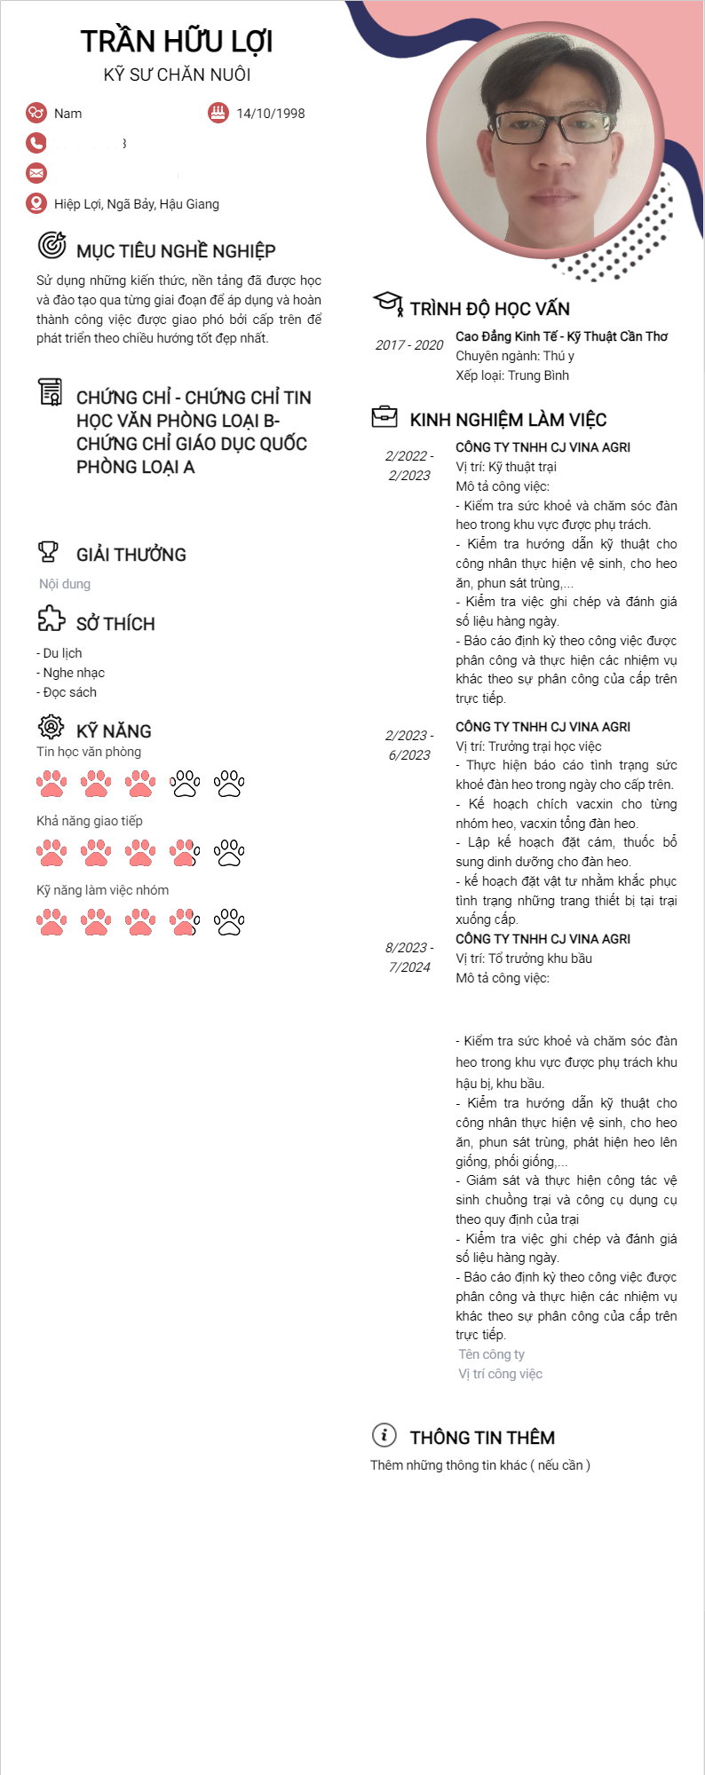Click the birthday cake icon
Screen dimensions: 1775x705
[x=218, y=113]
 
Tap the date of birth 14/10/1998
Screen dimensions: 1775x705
[x=270, y=114]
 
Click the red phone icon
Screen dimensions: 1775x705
[x=36, y=142]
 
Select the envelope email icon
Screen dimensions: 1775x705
[x=36, y=172]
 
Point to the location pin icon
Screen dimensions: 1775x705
[x=36, y=203]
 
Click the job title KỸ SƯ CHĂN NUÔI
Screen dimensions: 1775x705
[x=177, y=75]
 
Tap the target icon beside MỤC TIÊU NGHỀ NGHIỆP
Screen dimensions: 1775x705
[x=51, y=244]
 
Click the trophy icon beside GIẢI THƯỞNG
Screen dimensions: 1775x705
[x=49, y=552]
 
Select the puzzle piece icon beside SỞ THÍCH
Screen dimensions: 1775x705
[x=51, y=619]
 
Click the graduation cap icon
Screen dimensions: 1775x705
[x=387, y=304]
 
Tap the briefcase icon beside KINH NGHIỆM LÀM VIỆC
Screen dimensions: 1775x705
[x=384, y=416]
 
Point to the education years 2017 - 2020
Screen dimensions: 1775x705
[x=408, y=345]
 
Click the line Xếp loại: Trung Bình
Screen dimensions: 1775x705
[x=512, y=375]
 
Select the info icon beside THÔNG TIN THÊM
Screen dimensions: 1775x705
[x=384, y=1434]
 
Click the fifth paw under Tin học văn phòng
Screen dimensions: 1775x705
[x=229, y=783]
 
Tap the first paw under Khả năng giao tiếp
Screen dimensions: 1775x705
[x=51, y=852]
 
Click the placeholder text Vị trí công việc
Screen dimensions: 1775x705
[x=500, y=1374]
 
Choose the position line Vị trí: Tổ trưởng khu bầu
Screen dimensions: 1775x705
[x=524, y=958]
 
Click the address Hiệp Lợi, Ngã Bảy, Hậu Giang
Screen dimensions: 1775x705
[x=137, y=204]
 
